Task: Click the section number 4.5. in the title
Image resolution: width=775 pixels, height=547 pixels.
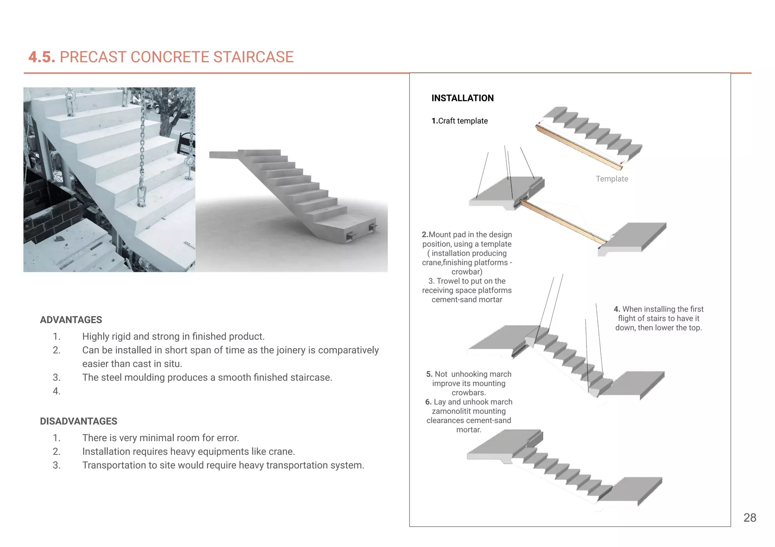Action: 42,57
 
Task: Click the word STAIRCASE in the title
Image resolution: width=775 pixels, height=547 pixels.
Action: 253,57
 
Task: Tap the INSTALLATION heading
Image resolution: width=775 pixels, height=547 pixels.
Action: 462,98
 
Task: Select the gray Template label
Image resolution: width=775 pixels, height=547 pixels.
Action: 612,179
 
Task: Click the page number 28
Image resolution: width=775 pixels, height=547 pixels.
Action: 749,518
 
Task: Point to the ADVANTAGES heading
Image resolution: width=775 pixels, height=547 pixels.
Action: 71,320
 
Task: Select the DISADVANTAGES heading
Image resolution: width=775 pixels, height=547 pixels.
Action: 79,421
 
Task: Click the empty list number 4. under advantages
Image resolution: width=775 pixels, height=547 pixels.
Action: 56,391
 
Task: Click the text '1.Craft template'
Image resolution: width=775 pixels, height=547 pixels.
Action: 459,121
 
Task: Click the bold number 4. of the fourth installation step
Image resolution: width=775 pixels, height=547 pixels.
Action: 617,309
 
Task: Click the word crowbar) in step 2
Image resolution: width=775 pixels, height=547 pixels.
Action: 467,272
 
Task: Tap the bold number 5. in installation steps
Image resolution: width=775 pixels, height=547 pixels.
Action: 429,374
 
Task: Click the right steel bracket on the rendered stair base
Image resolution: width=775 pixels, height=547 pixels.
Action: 372,228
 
